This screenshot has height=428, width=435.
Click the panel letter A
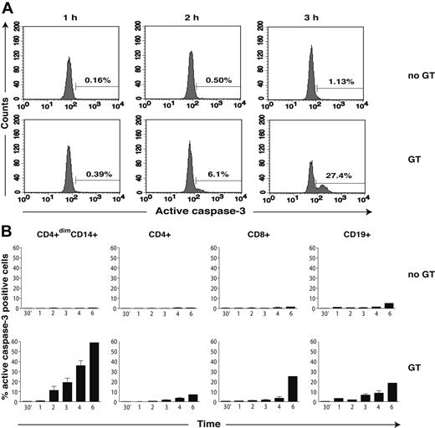tap(8, 8)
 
